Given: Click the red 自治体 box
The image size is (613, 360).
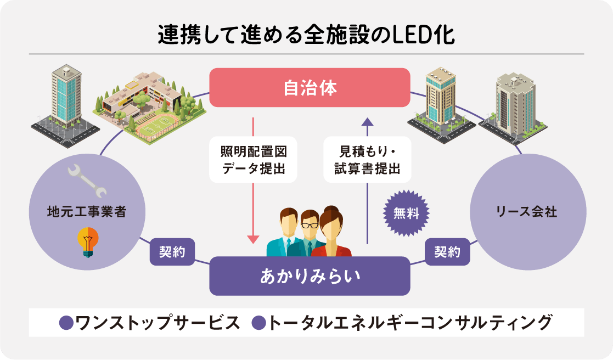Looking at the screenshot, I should click(x=310, y=88).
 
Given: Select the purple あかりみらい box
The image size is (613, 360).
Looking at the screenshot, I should click(x=310, y=275).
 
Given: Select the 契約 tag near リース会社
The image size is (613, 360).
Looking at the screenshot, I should click(x=447, y=252).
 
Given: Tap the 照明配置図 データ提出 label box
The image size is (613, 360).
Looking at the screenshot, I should click(x=254, y=159).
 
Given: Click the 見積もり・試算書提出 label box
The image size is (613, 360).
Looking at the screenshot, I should click(x=367, y=159).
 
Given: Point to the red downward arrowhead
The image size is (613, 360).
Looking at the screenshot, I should click(x=253, y=239).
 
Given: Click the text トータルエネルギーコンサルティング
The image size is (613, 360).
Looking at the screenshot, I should click(x=409, y=323).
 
